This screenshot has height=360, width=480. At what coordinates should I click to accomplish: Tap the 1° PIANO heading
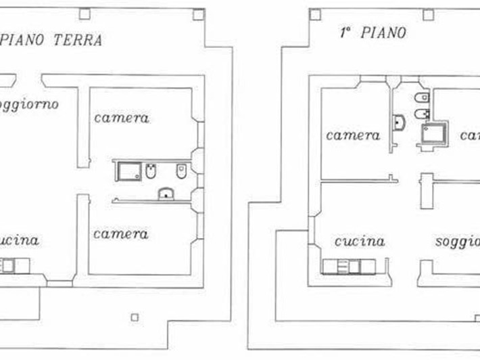[373, 32]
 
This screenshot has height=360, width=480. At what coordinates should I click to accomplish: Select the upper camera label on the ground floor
[121, 118]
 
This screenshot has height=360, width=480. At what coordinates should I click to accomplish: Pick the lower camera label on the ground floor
[121, 233]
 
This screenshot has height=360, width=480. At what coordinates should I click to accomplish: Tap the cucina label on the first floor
[359, 241]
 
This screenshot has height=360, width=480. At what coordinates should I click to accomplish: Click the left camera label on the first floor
[353, 135]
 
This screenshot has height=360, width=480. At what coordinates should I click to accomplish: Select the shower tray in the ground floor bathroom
[127, 172]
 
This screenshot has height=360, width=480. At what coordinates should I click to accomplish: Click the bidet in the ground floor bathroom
[151, 172]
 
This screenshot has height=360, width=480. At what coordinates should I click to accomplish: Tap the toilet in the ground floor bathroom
[181, 172]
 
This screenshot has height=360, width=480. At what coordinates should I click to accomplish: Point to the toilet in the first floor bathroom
[421, 97]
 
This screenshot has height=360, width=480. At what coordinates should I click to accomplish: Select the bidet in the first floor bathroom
[421, 114]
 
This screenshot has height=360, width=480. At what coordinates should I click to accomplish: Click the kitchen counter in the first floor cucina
[348, 267]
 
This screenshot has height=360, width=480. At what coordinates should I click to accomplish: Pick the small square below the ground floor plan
[135, 317]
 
